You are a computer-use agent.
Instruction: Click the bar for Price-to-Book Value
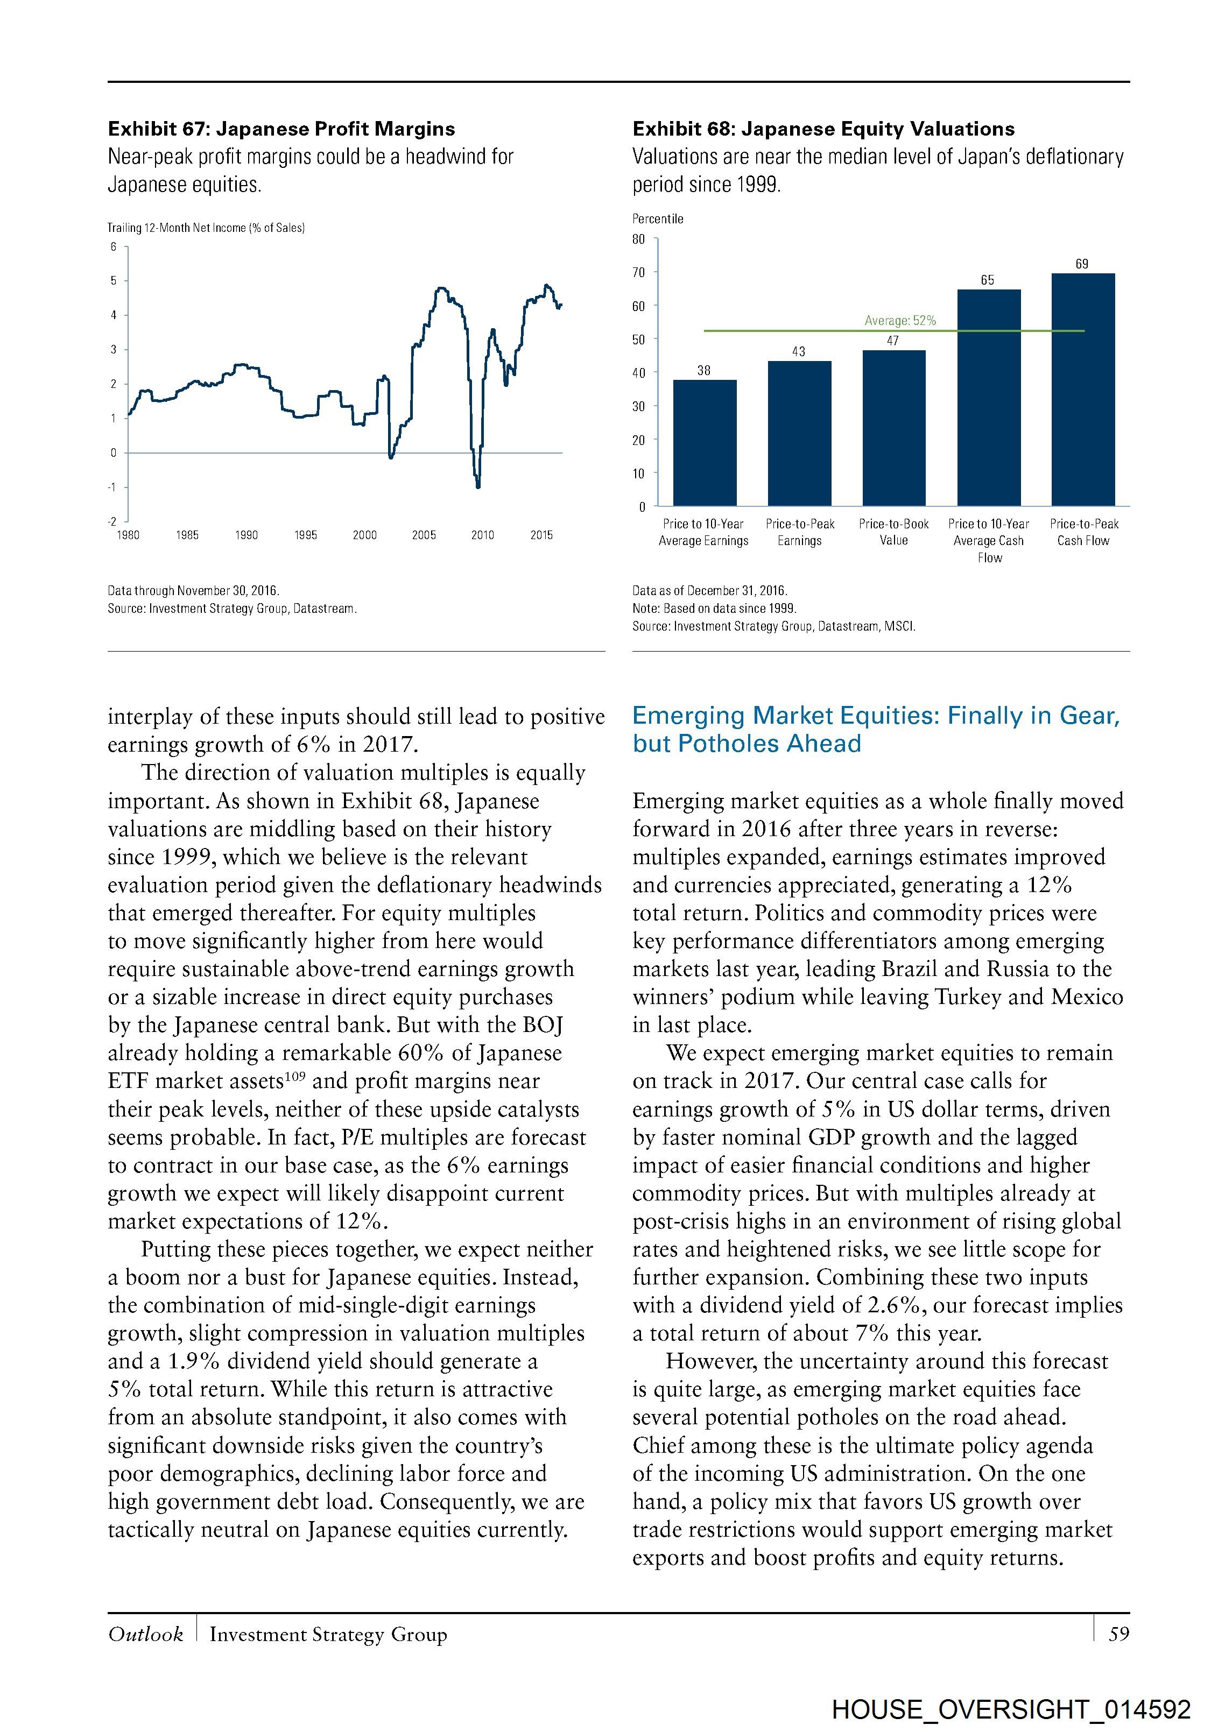[893, 428]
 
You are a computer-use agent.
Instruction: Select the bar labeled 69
[1083, 389]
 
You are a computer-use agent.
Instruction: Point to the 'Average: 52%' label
[899, 321]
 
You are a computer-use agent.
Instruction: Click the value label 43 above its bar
[798, 351]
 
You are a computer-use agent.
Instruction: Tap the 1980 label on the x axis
[128, 535]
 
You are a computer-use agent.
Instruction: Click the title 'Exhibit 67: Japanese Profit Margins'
[281, 129]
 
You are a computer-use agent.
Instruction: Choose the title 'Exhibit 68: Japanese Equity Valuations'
[823, 129]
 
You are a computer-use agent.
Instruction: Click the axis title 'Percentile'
[657, 219]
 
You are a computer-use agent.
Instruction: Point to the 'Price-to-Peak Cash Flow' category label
[1083, 532]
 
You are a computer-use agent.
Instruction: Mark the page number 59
[1118, 1634]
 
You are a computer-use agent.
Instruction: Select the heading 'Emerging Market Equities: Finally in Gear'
[875, 715]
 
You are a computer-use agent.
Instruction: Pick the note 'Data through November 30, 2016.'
[193, 591]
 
